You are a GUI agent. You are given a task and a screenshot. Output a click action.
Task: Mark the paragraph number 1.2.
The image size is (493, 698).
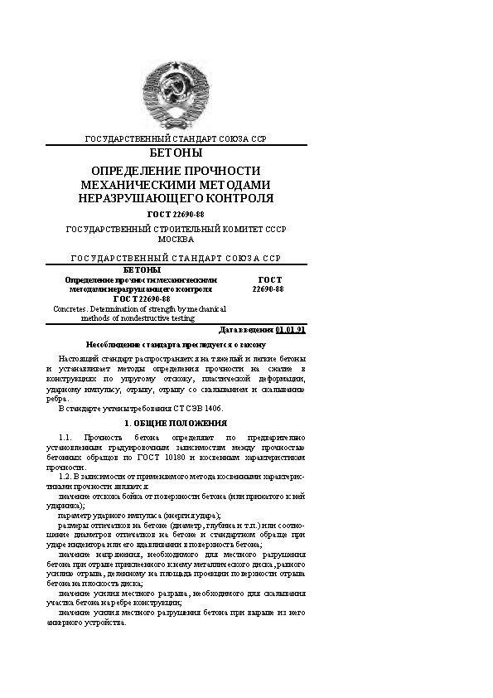pyautogui.click(x=68, y=477)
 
